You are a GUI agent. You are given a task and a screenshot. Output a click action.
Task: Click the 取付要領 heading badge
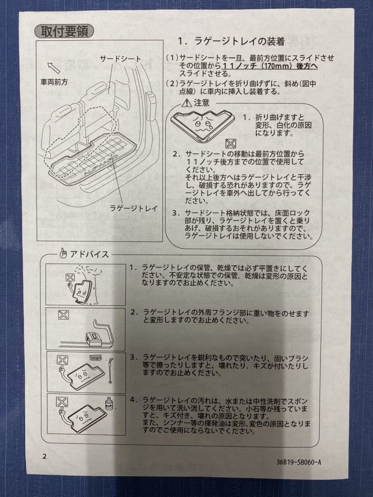[64, 32]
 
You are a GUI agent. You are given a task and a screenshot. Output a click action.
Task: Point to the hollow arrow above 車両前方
[54, 68]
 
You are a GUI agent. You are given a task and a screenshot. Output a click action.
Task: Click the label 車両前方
[54, 82]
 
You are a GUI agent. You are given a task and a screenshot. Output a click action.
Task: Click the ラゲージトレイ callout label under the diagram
[134, 208]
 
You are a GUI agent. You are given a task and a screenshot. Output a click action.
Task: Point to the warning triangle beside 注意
[186, 103]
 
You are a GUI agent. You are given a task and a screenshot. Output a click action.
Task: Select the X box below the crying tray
[231, 144]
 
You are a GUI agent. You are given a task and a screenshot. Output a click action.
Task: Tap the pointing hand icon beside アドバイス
[64, 253]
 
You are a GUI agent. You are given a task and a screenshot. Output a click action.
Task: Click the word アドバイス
[89, 254]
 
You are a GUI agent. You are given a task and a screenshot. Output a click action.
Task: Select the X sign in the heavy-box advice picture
[64, 315]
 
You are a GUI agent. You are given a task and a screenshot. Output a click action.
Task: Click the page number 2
[44, 456]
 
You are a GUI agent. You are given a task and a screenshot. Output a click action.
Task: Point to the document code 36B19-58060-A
[298, 462]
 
